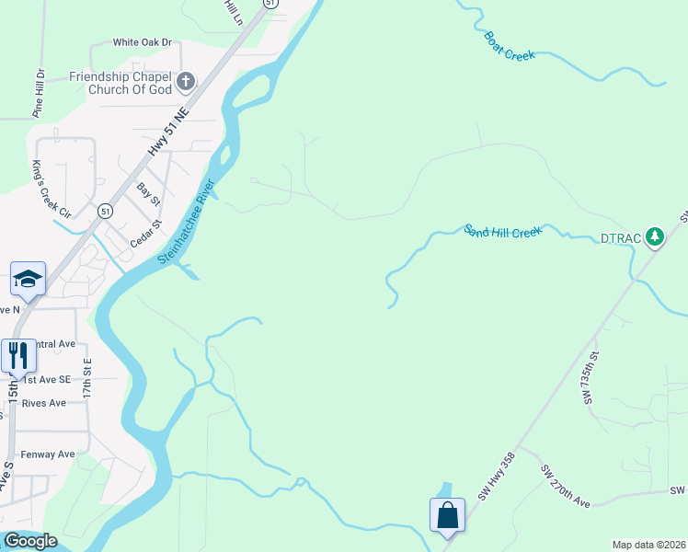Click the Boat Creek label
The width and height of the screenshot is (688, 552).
pyautogui.click(x=509, y=46)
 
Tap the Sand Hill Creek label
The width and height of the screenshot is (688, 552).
pyautogui.click(x=502, y=231)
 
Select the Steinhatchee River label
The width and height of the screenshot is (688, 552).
pyautogui.click(x=186, y=224)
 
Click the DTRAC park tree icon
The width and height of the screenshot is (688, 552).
pyautogui.click(x=654, y=237)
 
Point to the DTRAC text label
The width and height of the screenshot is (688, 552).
pyautogui.click(x=621, y=238)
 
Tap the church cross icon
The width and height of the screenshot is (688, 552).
pyautogui.click(x=185, y=82)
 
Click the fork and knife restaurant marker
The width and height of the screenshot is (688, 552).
pyautogui.click(x=19, y=356)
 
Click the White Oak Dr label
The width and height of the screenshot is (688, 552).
pyautogui.click(x=143, y=42)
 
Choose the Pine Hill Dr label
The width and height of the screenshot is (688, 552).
pyautogui.click(x=39, y=93)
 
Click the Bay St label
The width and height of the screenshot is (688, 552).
pyautogui.click(x=148, y=193)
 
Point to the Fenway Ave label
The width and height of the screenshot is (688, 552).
pyautogui.click(x=48, y=454)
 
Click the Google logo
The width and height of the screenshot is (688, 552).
pyautogui.click(x=31, y=541)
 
